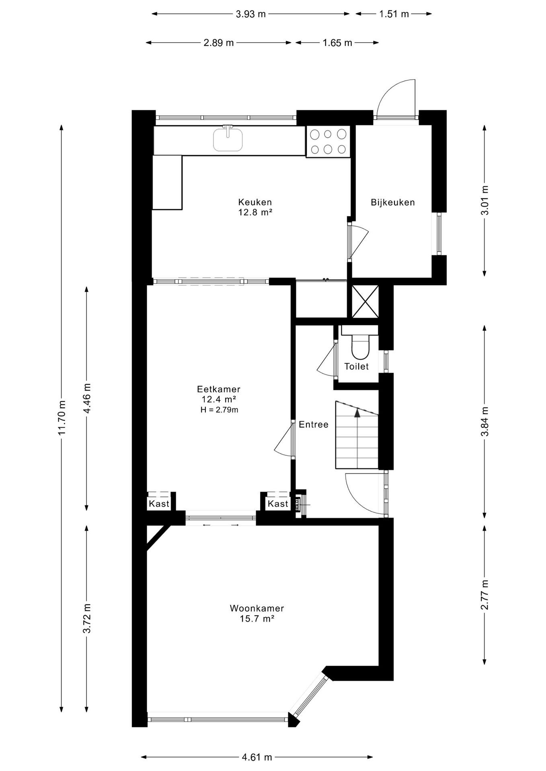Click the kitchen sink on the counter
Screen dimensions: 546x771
[x=228, y=139]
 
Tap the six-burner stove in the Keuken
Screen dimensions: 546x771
[x=328, y=141]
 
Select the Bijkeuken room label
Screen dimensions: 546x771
[x=393, y=202]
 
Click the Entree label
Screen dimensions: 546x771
[x=314, y=424]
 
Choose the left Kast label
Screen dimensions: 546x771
[x=159, y=504]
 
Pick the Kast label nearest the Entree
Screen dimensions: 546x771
[x=278, y=504]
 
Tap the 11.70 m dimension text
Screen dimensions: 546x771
[x=61, y=418]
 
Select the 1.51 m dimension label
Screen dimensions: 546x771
[x=394, y=14]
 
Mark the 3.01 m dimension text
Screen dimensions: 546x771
[x=485, y=200]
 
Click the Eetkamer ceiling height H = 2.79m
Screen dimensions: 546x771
[x=220, y=410]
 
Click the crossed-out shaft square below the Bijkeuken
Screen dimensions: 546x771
[x=365, y=302]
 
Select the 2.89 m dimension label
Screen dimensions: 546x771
[x=219, y=43]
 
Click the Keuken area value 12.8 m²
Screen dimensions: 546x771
[x=255, y=212]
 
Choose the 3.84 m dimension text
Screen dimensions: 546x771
[x=485, y=421]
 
